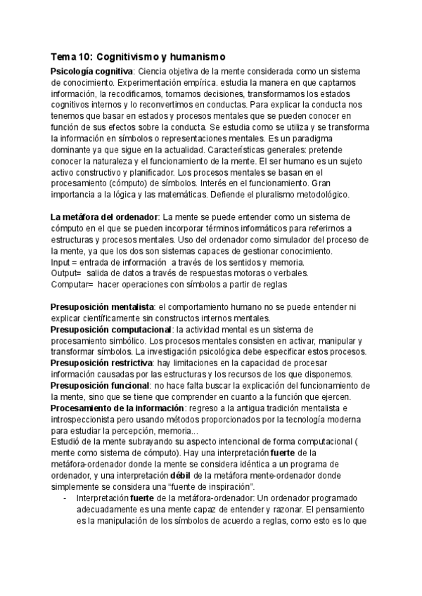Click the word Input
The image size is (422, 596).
tap(61, 261)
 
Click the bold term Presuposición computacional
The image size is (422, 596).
tap(111, 329)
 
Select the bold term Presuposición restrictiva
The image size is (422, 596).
tap(101, 363)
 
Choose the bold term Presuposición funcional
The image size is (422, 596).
tap(99, 385)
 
